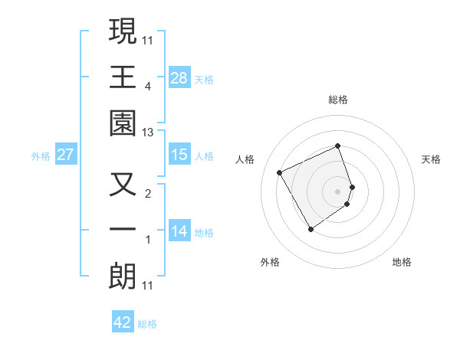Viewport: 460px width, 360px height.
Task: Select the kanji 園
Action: coord(123,122)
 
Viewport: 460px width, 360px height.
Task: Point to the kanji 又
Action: coord(123,185)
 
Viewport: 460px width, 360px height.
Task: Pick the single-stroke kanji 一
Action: coord(123,231)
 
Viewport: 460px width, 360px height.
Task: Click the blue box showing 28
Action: coord(179,77)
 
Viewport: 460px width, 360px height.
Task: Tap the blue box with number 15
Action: coord(179,155)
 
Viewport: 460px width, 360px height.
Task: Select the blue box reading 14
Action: coord(179,231)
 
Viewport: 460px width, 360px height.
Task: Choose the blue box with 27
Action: coord(66,155)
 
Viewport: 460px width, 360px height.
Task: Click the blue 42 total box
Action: coord(123,322)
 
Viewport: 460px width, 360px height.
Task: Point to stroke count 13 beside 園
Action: coord(149,133)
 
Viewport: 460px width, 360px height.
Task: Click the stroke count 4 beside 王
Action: coord(149,87)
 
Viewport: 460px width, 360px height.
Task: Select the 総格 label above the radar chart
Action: coord(338,100)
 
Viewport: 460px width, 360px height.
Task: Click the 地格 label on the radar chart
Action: coord(402,262)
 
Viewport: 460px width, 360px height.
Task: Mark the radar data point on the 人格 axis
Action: coord(280,172)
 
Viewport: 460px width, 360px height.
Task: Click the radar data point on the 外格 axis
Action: coord(310,229)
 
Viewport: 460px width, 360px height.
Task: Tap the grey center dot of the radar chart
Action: coord(338,191)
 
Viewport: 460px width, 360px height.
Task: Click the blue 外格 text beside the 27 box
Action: coord(40,155)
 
